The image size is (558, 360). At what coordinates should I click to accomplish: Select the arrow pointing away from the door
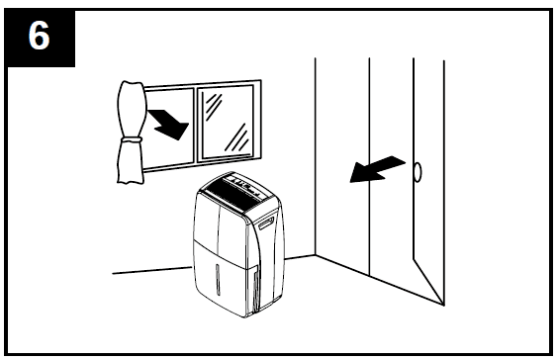[x=376, y=169]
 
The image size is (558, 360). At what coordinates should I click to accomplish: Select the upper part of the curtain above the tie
[x=131, y=107]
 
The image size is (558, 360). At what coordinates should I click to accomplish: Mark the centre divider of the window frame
[x=196, y=124]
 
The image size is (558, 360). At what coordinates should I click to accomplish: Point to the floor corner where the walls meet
[x=316, y=256]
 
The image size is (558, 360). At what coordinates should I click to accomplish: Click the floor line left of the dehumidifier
[x=148, y=269]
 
